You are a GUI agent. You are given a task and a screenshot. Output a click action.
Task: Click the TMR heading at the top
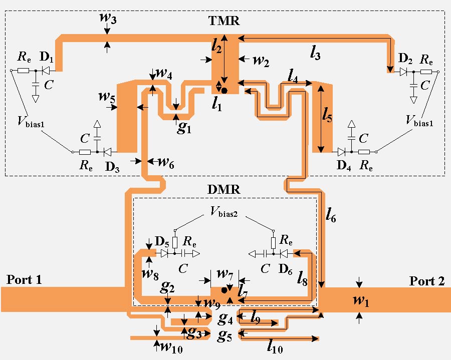point(224,21)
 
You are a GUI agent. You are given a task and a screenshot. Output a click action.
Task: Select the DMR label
point(223,190)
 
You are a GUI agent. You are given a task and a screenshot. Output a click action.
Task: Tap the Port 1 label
point(24,279)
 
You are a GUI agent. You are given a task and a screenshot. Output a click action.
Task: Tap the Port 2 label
point(427,281)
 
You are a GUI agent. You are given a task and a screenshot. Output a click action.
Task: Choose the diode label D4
point(343,166)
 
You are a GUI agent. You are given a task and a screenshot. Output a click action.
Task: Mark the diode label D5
point(162,242)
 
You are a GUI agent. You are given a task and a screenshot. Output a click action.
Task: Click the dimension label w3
point(107,16)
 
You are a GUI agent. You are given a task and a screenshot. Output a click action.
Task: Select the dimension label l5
point(328,118)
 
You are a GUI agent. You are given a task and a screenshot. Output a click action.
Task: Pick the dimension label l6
point(331,215)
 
